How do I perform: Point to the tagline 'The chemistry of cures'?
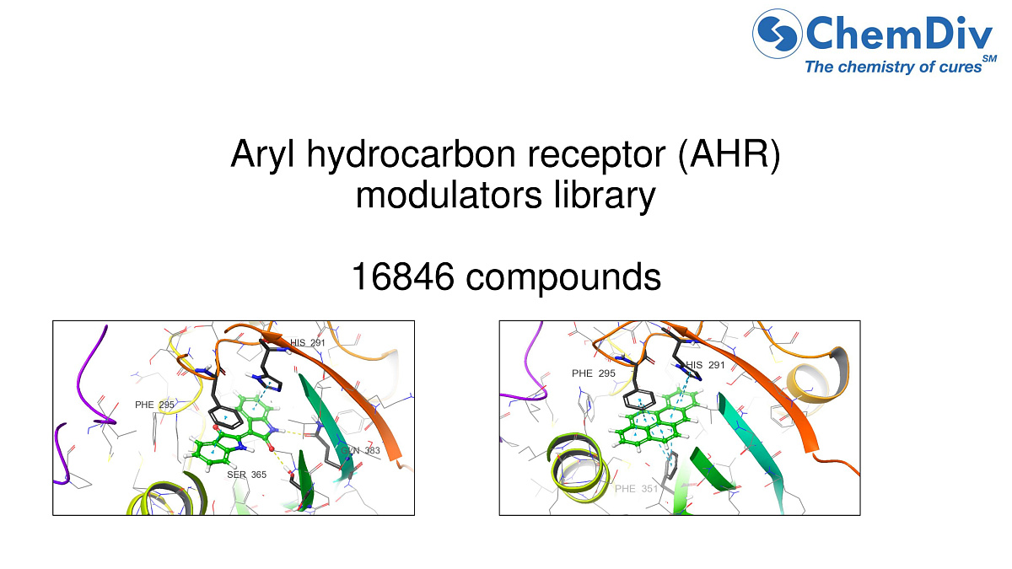pos(893,67)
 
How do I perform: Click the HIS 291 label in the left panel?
pos(307,343)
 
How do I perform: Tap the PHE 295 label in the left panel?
pos(154,405)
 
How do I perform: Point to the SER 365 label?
pos(246,475)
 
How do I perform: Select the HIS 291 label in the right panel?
pos(705,365)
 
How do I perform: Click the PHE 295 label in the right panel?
pos(593,373)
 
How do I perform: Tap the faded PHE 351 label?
pos(636,488)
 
